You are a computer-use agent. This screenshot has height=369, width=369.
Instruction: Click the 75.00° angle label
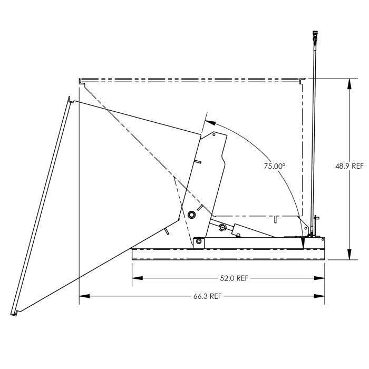coord(275,166)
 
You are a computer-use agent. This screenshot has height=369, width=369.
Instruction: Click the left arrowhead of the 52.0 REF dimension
coord(134,278)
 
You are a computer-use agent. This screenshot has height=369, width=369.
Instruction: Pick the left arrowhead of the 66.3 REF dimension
coord(82,296)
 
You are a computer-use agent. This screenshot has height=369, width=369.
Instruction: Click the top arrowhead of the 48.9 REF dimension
coord(349,82)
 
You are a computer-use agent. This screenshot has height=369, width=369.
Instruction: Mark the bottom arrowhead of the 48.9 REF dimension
coord(349,257)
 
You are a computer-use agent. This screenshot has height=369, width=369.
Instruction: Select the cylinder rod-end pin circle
coord(222,228)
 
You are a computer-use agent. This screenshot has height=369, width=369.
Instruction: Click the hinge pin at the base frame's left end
coord(198,241)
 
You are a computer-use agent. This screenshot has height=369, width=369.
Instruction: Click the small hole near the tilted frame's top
coord(213,134)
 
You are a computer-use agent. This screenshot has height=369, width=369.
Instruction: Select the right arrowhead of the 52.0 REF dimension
coord(322,278)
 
